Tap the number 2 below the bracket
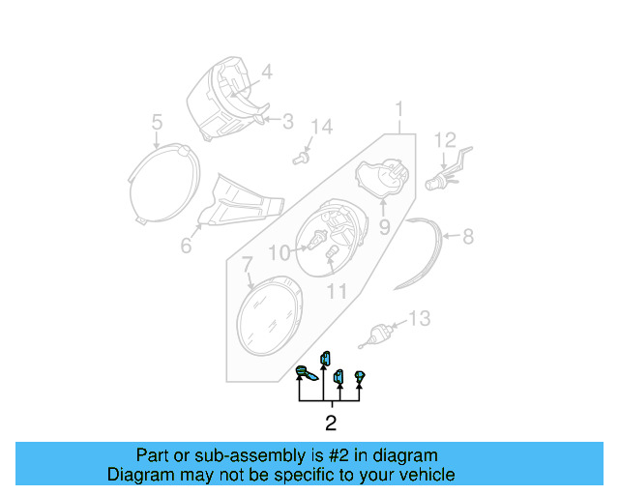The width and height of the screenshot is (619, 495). click(x=330, y=423)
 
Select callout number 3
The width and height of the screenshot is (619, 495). click(x=287, y=121)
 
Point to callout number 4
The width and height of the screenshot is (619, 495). click(x=266, y=71)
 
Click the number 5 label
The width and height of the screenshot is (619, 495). click(x=156, y=122)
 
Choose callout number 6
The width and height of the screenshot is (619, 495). click(x=186, y=246)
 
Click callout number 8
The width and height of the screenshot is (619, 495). click(x=467, y=236)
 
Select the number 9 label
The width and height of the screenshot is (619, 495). click(x=383, y=228)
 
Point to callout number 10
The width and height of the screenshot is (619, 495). click(x=279, y=253)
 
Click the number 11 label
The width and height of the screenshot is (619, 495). click(x=336, y=290)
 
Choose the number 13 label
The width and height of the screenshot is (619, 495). click(x=418, y=318)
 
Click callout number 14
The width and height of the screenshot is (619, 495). click(x=320, y=128)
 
